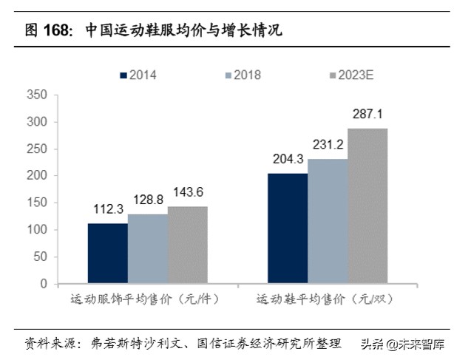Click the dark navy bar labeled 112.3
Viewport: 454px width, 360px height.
click(107, 253)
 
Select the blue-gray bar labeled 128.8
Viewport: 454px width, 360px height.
click(147, 248)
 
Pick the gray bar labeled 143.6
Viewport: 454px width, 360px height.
click(187, 245)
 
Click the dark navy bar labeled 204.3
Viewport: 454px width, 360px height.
click(288, 228)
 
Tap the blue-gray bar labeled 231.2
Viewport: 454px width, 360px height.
click(328, 221)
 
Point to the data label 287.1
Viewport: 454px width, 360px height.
click(367, 115)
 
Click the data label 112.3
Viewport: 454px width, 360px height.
click(107, 210)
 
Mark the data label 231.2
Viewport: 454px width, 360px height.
click(328, 146)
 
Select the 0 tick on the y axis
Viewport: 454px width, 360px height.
click(43, 284)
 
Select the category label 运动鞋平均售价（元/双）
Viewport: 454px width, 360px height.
click(324, 301)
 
